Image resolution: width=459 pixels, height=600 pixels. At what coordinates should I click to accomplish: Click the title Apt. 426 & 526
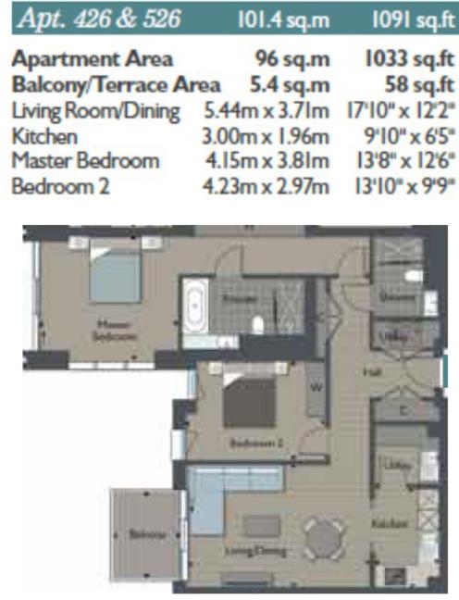point(93,18)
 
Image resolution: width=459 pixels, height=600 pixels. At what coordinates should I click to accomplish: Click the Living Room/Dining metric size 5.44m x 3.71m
point(267,111)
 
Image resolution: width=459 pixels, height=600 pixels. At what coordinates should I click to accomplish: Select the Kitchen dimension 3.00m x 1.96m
point(267,136)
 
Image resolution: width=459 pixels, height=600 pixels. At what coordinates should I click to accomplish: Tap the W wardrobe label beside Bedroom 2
point(315,389)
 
